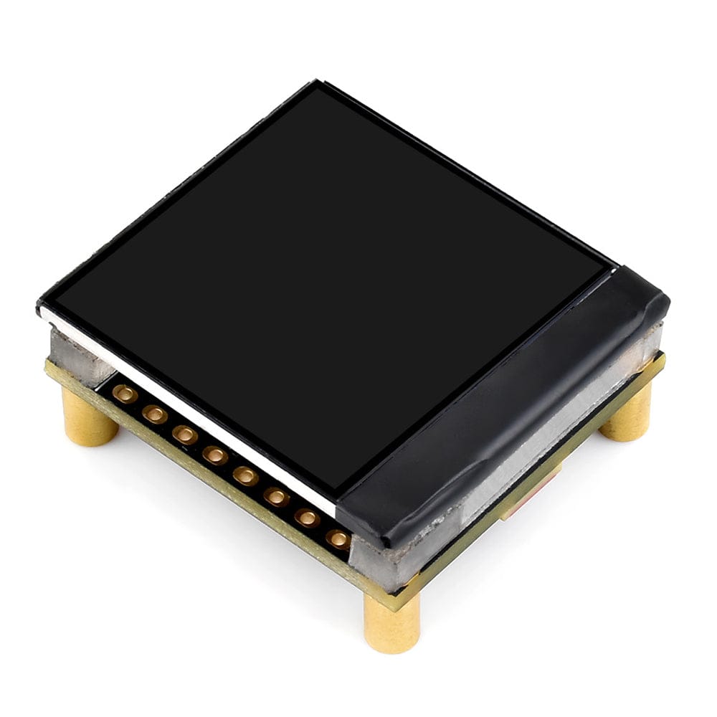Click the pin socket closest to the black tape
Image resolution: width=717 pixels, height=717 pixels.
click(x=337, y=538)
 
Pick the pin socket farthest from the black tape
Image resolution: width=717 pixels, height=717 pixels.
click(x=125, y=393)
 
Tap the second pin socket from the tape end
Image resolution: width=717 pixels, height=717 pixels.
click(x=307, y=517)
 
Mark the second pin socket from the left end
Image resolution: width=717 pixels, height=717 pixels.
click(x=155, y=414)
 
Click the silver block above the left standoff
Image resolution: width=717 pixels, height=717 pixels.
click(x=79, y=355)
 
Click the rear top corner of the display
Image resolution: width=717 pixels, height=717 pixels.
click(x=315, y=84)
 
